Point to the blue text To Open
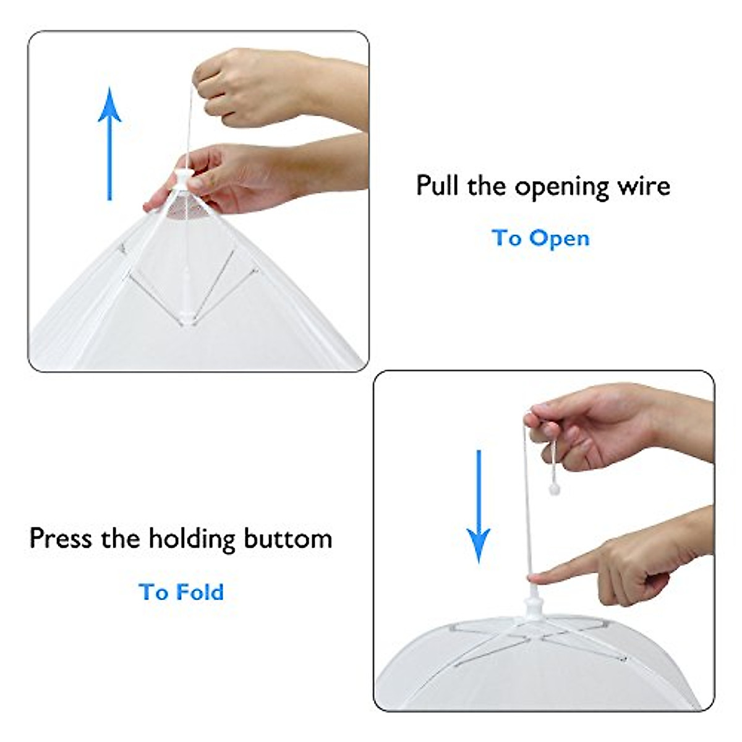tap(540, 238)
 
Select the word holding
tap(192, 539)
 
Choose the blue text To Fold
tap(181, 592)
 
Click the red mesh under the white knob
tap(185, 210)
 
